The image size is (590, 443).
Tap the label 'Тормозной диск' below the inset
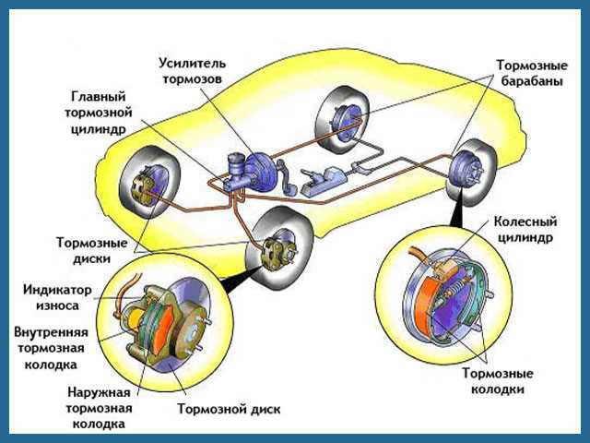pos(231,409)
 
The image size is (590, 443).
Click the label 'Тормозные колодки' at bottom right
pos(495,382)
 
